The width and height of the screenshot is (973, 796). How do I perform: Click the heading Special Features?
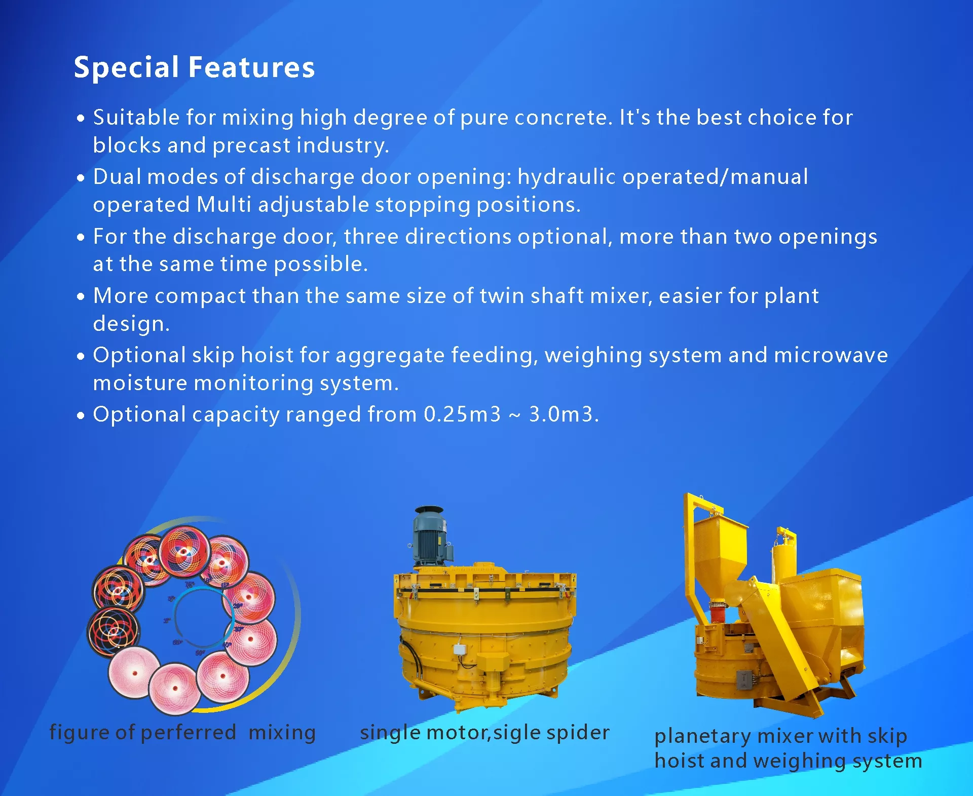coord(194,68)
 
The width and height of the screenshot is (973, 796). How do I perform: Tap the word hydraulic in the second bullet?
coord(567,177)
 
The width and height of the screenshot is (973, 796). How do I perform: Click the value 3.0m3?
coord(561,414)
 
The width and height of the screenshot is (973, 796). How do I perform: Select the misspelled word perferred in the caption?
coord(188,733)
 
